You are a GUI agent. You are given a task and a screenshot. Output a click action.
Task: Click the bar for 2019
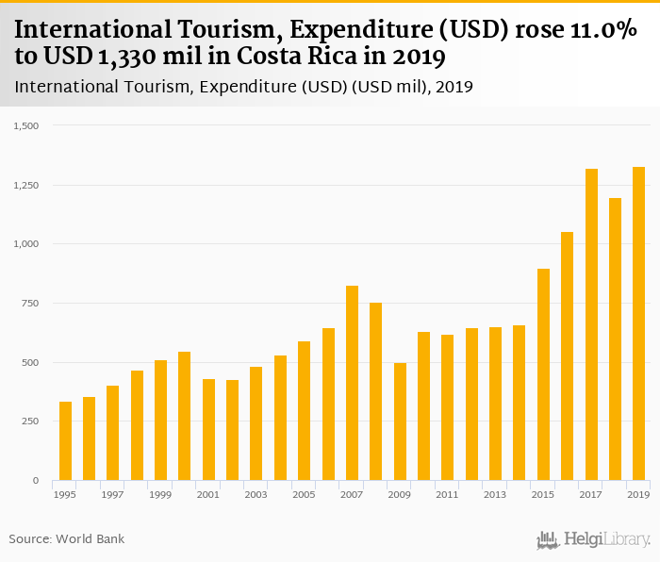(638, 323)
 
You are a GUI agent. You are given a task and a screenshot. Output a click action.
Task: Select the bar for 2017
(591, 324)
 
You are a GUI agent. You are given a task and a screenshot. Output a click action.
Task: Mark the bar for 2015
(543, 374)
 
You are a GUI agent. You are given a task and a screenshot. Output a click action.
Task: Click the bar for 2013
(495, 404)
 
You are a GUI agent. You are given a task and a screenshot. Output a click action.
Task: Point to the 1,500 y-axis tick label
(25, 125)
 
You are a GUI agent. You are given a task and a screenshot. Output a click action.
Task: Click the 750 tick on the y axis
(29, 304)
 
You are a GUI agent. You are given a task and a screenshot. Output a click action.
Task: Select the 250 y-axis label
(29, 421)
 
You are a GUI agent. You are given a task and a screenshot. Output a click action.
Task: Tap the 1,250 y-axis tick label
(25, 185)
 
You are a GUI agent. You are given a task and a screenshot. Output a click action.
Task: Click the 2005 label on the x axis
(304, 494)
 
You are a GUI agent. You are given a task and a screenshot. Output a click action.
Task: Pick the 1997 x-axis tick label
(113, 494)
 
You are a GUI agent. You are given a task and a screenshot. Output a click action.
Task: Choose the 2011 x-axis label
(448, 494)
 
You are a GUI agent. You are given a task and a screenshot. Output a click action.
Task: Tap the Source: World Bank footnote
(67, 538)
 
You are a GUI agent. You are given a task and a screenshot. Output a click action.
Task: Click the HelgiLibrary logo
(594, 539)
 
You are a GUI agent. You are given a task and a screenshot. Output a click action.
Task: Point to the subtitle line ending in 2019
(243, 87)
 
